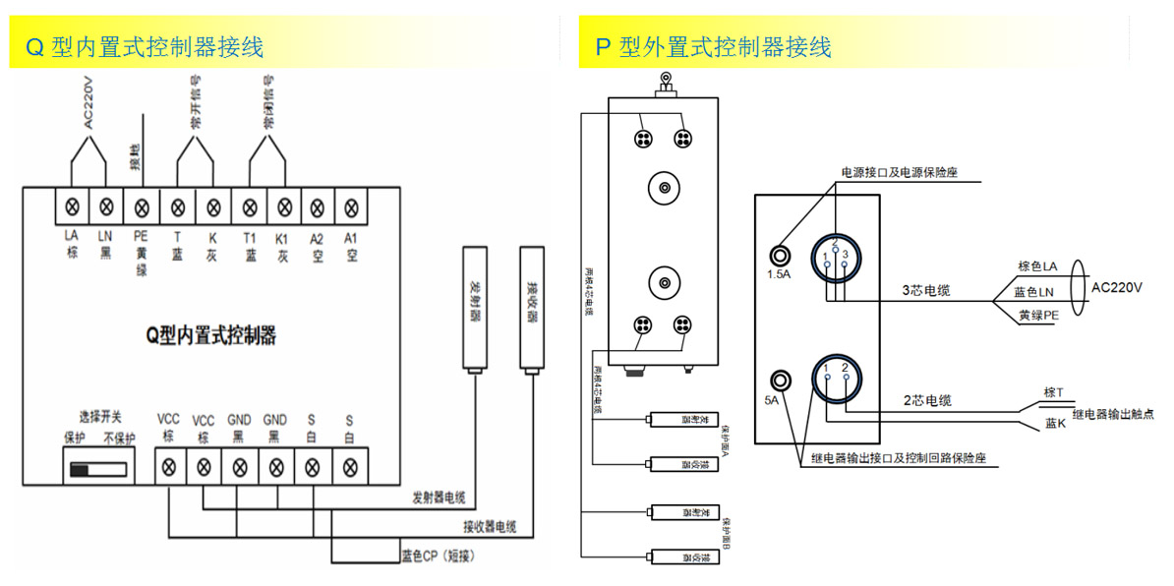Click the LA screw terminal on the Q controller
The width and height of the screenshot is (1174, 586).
tap(71, 207)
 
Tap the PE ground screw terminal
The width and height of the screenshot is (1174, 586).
tap(142, 207)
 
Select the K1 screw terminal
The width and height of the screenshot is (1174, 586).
tap(284, 207)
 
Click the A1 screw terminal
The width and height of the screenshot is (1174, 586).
tap(351, 207)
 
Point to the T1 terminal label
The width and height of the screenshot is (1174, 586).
tap(250, 237)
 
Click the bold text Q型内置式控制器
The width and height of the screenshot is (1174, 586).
tap(210, 336)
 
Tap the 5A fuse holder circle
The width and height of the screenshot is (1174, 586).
tap(782, 381)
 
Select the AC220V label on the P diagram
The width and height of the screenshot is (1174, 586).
tap(1118, 287)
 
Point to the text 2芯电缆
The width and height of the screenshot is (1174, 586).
tap(927, 400)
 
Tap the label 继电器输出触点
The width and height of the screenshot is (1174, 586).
tap(1113, 415)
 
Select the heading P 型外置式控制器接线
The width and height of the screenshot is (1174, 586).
tap(714, 46)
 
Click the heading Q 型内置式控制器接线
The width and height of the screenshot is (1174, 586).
tap(145, 46)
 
